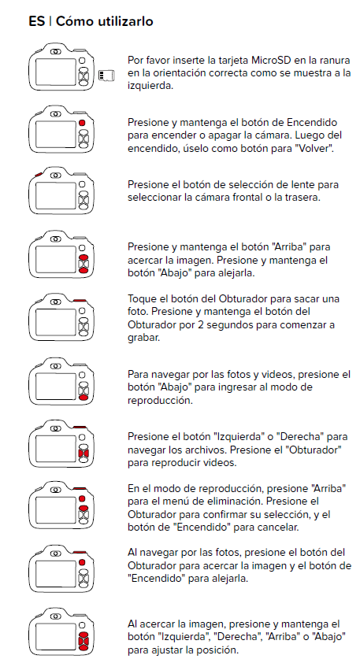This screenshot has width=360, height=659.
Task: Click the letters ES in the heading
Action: pyautogui.click(x=36, y=21)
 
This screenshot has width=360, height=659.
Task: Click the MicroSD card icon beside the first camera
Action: pyautogui.click(x=106, y=76)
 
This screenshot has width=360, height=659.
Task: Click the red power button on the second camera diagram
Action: pyautogui.click(x=82, y=123)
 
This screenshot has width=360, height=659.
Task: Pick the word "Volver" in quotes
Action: pyautogui.click(x=316, y=149)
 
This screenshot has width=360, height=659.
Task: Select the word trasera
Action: pyautogui.click(x=306, y=198)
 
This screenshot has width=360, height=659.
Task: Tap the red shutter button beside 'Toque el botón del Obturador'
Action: pyautogui.click(x=80, y=300)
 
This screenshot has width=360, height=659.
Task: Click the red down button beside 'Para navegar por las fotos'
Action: pyautogui.click(x=84, y=398)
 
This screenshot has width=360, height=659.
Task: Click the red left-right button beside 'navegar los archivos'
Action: pyautogui.click(x=84, y=454)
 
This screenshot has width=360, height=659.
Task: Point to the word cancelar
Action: pyautogui.click(x=282, y=528)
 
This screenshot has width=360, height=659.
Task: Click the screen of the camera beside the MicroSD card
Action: pyautogui.click(x=56, y=72)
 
